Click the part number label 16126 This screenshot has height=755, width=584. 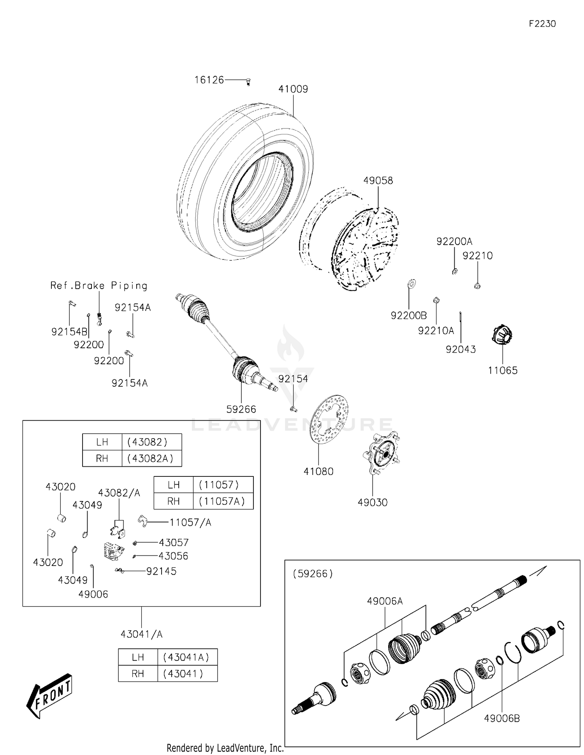coord(209,80)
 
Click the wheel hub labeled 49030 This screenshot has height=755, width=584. coord(382,454)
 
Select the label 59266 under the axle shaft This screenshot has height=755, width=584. coord(241,409)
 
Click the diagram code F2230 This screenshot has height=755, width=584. coord(542,24)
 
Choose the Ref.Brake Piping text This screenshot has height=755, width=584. coord(99,286)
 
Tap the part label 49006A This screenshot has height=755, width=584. coord(385,601)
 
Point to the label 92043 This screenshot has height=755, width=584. coord(461,349)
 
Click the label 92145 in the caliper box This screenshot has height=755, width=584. coord(161,571)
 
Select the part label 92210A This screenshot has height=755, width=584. coord(436,330)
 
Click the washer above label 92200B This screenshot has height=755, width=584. coord(411,283)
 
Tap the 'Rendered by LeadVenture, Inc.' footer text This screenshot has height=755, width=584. coord(225,748)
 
